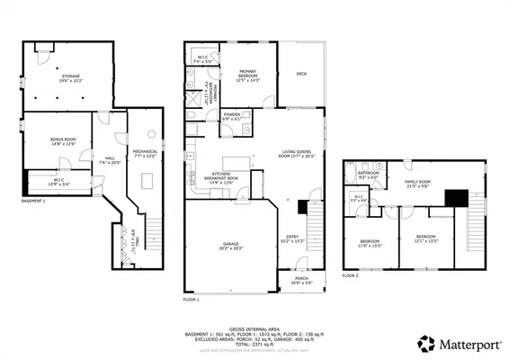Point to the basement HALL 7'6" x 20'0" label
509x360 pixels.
pos(110,161)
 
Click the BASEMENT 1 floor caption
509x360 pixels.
pos(33,202)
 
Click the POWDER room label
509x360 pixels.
pos(232,116)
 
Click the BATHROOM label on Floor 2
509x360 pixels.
pos(369,175)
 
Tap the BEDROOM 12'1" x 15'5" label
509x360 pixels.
pos(425,240)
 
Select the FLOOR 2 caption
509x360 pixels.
pos(351,275)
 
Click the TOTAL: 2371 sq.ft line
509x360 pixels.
pos(255,346)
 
